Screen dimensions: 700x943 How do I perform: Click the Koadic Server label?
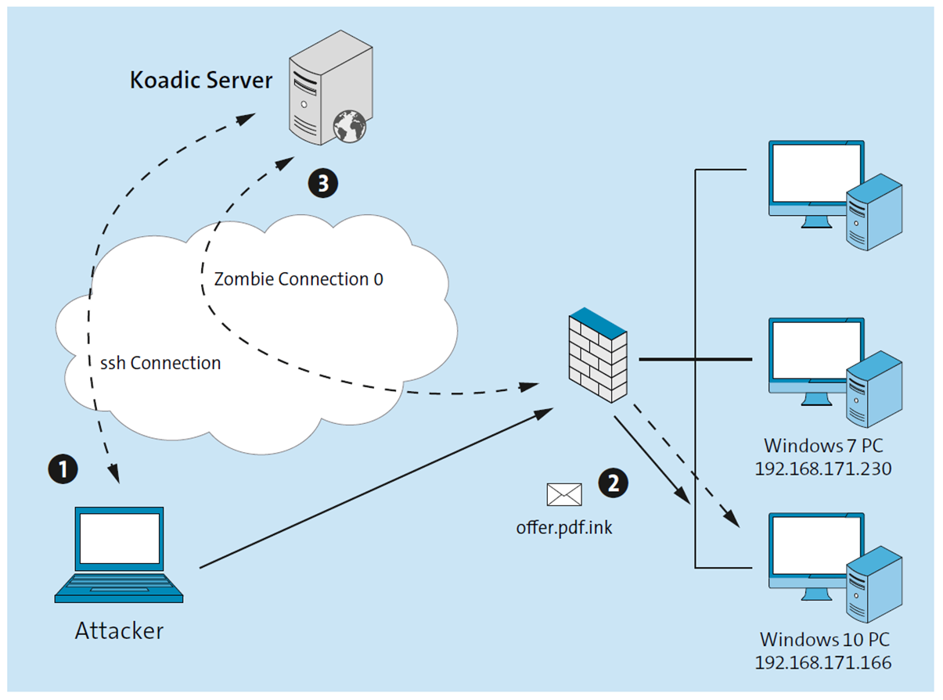click(x=200, y=81)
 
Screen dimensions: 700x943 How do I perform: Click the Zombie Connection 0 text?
click(x=298, y=279)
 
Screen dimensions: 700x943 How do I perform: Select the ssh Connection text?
click(x=160, y=363)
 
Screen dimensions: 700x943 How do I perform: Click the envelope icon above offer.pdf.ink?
click(x=564, y=494)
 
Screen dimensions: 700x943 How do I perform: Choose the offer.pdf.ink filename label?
click(x=564, y=527)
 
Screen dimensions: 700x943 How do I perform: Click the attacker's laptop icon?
click(x=119, y=555)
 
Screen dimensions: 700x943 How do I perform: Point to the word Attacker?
click(x=119, y=631)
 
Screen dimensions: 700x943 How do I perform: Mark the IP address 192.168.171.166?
click(x=823, y=662)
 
